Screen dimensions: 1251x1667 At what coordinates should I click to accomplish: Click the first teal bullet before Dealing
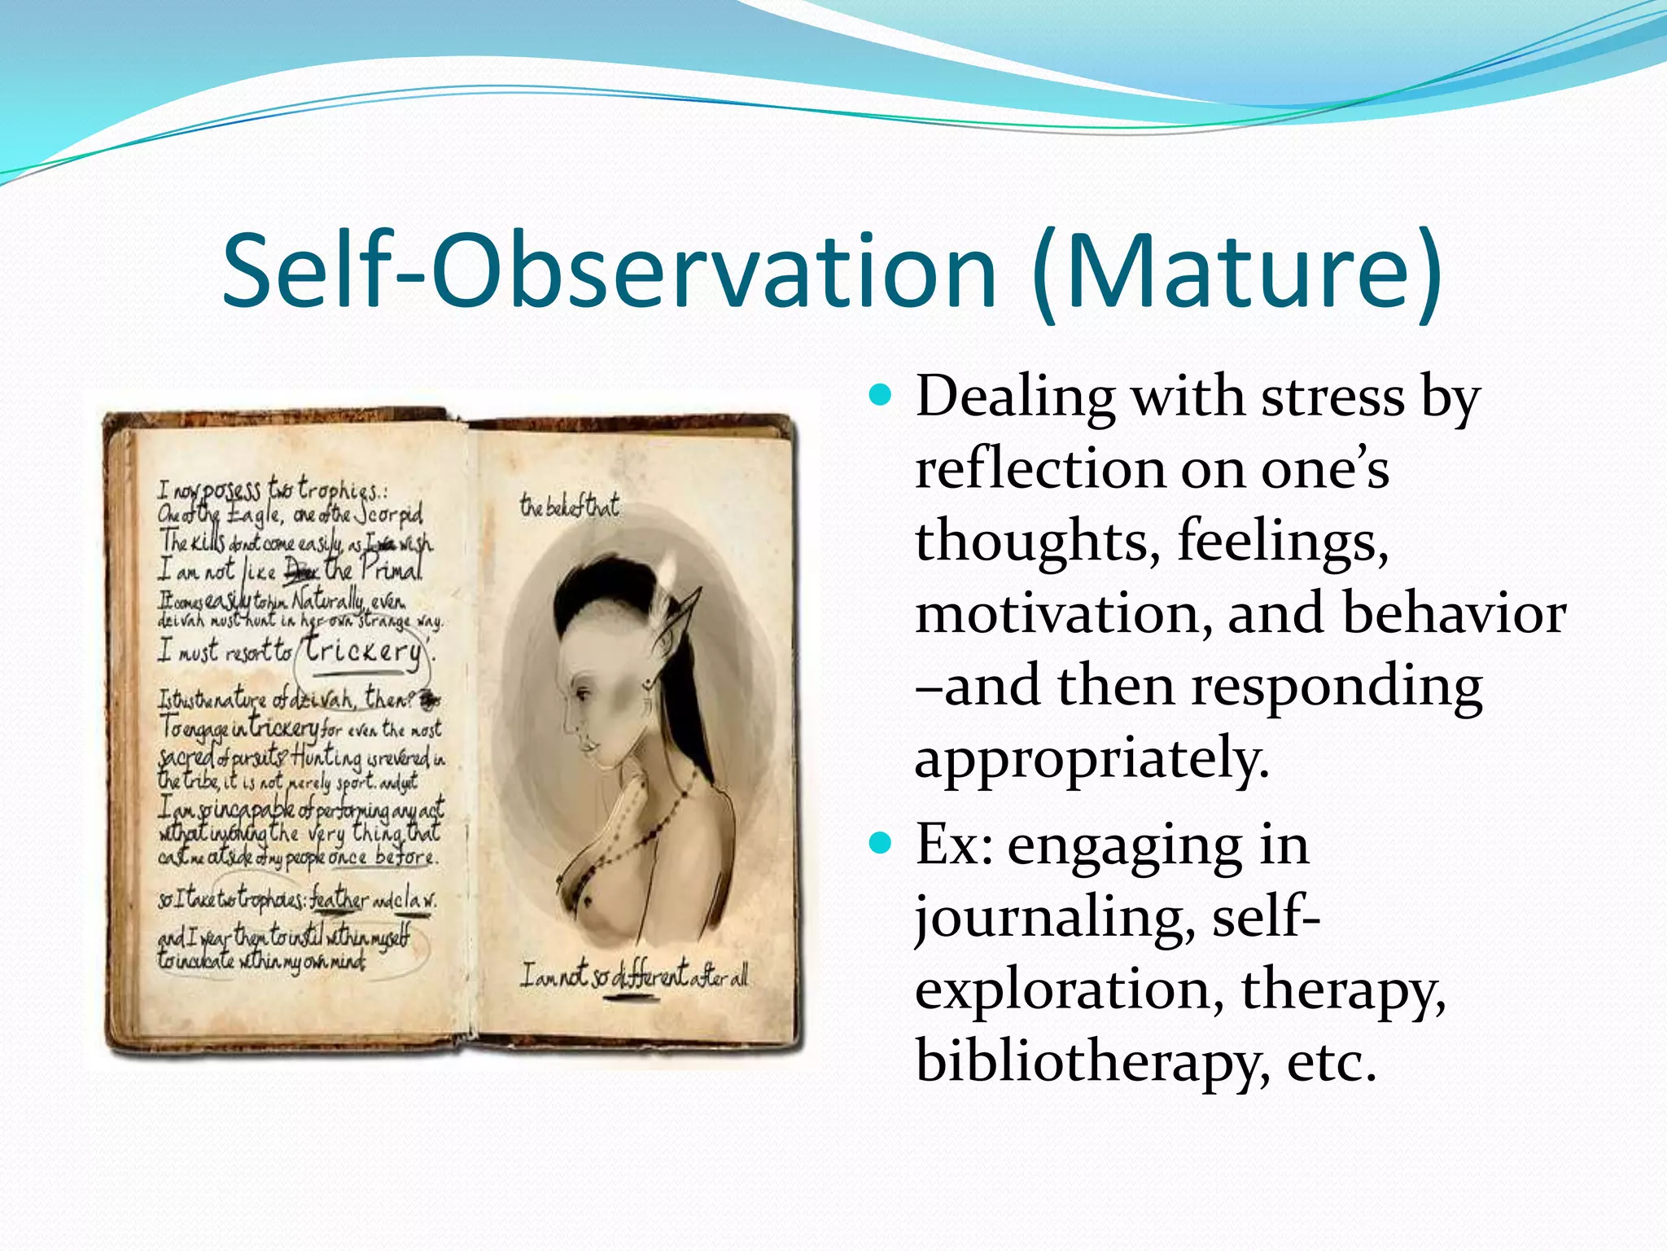[880, 397]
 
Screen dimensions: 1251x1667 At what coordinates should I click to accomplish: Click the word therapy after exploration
[1343, 990]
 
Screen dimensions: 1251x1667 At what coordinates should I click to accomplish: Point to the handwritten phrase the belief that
[570, 507]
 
